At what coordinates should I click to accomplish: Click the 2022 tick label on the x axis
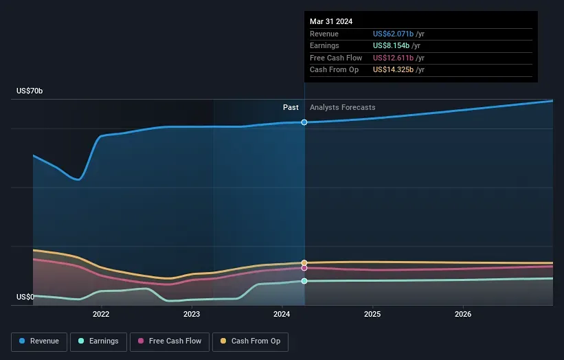click(101, 315)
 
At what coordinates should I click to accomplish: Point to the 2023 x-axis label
click(192, 315)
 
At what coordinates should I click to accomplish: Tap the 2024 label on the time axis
click(282, 315)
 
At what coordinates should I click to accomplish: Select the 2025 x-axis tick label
click(372, 315)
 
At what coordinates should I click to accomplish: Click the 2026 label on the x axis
click(463, 315)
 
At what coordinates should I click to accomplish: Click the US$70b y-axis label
click(30, 91)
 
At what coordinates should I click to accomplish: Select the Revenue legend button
click(39, 341)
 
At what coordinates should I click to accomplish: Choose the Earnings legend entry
click(98, 341)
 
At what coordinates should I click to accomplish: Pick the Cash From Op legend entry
click(251, 341)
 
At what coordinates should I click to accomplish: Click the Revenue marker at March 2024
click(304, 122)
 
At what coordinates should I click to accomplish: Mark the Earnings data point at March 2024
click(304, 281)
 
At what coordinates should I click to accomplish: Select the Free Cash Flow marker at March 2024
click(304, 268)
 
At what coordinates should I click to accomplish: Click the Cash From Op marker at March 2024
click(304, 263)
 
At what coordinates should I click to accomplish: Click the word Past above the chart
click(291, 107)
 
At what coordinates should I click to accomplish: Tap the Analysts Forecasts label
click(343, 107)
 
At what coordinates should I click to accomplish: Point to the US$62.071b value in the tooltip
click(394, 34)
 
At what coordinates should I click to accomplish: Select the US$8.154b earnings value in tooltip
click(392, 46)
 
